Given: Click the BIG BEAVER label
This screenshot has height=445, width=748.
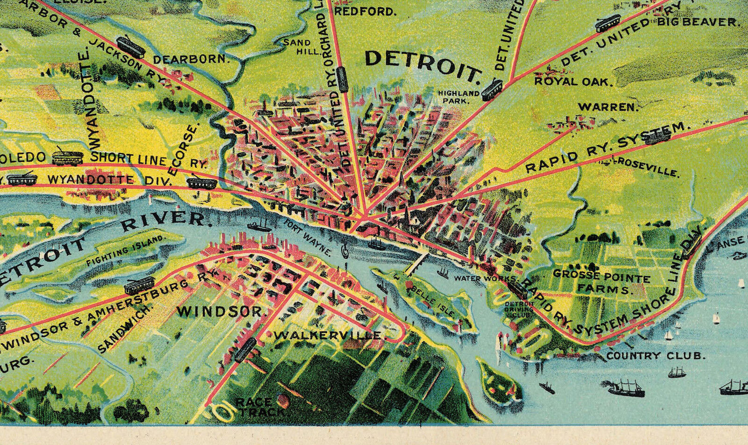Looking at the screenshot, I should pyautogui.click(x=698, y=22).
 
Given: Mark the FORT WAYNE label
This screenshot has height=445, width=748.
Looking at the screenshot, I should pyautogui.click(x=307, y=237).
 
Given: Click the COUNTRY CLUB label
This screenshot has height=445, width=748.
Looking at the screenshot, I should pyautogui.click(x=655, y=356).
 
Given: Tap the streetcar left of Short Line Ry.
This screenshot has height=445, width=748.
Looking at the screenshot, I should pyautogui.click(x=67, y=157).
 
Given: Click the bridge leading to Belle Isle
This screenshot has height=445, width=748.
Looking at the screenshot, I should pyautogui.click(x=417, y=265).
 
